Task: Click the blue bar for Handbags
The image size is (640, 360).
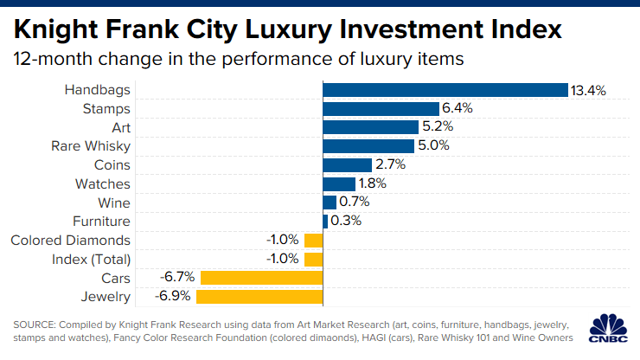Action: [445, 90]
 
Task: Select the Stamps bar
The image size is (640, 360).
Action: [381, 109]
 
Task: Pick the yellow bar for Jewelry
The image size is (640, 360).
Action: [259, 297]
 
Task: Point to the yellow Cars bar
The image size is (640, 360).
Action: [261, 278]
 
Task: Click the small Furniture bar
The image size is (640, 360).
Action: [325, 222]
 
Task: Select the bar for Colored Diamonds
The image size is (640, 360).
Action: [314, 240]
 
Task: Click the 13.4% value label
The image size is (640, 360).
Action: [586, 90]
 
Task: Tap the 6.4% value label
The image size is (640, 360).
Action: [459, 109]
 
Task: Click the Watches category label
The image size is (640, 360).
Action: [103, 183]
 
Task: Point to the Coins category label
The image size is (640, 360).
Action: [112, 164]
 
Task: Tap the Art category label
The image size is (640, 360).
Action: [121, 127]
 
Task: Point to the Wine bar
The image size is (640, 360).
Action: [330, 202]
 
